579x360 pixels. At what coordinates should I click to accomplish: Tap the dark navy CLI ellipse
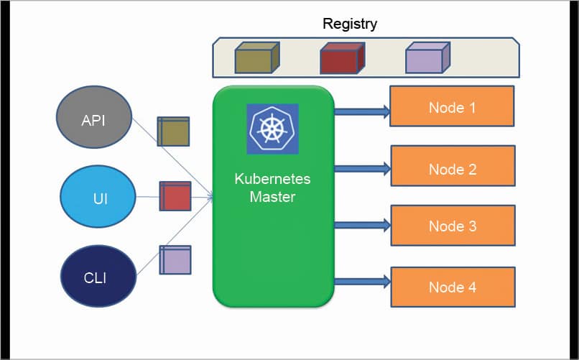94,276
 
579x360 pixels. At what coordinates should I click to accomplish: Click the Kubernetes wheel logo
272,129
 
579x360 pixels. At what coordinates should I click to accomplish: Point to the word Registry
350,24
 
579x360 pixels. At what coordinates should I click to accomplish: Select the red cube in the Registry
341,58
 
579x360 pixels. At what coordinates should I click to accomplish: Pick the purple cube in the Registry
427,58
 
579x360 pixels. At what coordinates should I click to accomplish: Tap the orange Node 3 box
452,226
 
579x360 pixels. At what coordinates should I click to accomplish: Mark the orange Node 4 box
452,287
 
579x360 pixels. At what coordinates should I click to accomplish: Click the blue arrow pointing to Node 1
362,111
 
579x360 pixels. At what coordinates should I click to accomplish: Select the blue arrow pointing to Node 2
362,169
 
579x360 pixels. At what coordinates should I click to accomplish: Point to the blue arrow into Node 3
362,225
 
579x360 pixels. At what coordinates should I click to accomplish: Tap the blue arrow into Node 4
362,281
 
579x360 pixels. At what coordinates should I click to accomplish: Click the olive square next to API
173,132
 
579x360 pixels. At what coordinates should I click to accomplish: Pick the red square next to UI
175,196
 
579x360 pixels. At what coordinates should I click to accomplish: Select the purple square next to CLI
175,260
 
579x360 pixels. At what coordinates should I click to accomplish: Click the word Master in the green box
272,195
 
